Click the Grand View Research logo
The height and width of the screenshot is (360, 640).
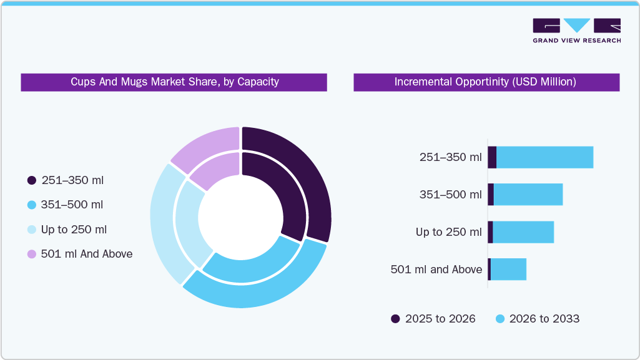coord(576,31)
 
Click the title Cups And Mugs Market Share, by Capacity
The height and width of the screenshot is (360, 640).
coord(174,82)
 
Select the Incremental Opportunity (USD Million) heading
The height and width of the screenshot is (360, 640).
coord(485,82)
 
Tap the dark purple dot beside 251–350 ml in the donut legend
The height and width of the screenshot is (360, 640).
coord(32,180)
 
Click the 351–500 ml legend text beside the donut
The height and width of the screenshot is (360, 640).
coord(72,205)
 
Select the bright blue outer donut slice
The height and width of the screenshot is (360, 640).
coord(262,293)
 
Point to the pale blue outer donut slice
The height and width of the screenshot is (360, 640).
coord(164,225)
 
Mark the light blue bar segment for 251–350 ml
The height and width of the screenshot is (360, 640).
coord(544,157)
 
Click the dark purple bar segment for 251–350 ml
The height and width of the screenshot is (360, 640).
coord(492,157)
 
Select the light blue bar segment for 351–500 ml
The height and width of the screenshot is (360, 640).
coord(528,195)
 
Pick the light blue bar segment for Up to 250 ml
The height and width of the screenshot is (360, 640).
coord(523,232)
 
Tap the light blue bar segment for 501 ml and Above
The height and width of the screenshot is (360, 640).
coord(508,270)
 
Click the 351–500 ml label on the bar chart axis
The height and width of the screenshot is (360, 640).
coord(450,195)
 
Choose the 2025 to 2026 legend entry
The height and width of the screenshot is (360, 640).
coord(433,319)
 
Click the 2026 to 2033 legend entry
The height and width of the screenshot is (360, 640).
coord(538,319)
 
